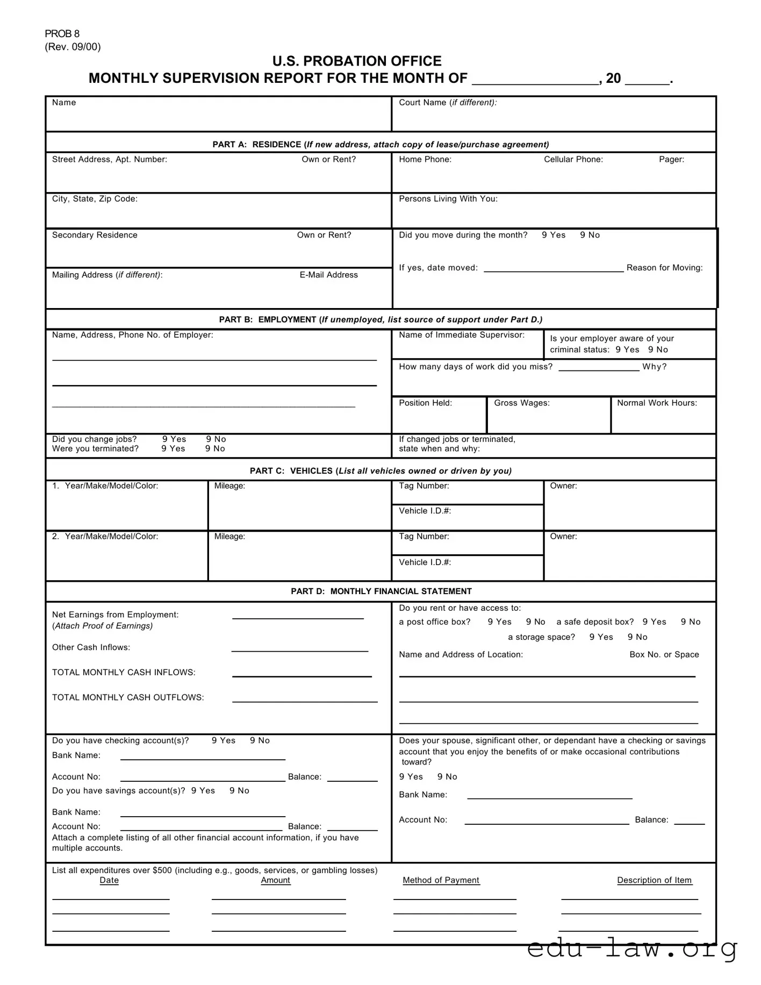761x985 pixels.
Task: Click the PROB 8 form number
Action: point(62,34)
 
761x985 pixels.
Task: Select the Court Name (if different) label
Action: point(448,103)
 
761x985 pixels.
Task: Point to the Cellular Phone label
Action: point(573,159)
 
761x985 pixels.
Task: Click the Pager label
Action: point(671,159)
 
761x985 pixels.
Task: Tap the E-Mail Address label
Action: point(328,275)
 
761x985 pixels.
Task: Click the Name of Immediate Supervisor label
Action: point(461,335)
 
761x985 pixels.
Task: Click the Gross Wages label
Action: point(521,403)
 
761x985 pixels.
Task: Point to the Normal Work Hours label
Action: point(657,403)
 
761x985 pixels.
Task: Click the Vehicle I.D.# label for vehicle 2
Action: point(425,562)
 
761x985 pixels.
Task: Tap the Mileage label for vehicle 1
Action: point(229,486)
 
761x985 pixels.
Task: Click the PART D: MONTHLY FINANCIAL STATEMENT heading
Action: point(381,591)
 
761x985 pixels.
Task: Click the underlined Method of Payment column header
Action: point(441,880)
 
